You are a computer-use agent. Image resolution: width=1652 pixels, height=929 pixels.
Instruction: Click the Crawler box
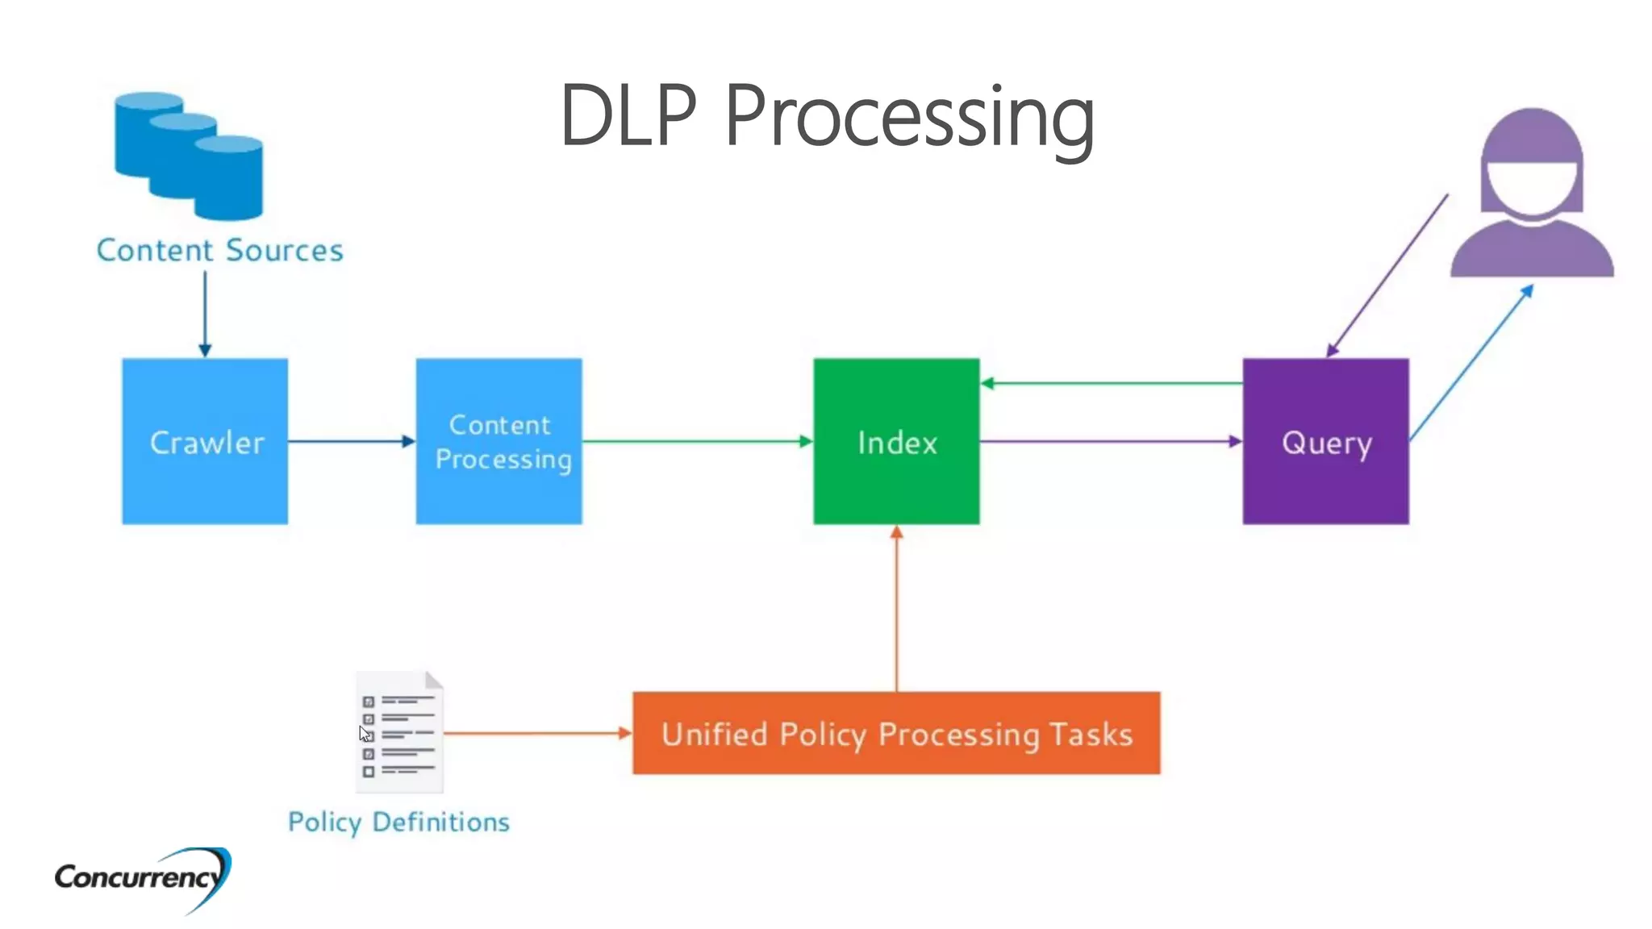205,441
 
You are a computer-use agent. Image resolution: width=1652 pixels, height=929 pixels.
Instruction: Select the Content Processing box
499,441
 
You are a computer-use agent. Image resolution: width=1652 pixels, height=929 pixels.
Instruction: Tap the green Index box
896,441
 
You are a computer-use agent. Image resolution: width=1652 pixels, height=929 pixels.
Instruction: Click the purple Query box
1325,441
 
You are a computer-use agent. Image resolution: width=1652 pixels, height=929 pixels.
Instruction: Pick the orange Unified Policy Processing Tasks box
896,733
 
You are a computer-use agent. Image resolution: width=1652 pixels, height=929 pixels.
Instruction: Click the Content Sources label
219,250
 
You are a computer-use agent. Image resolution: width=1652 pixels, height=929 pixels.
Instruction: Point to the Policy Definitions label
398,822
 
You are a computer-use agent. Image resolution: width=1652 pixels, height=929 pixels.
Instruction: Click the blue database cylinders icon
190,156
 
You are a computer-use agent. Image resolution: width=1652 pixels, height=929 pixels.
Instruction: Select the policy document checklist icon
400,732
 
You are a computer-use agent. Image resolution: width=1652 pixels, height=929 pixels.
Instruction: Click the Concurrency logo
142,878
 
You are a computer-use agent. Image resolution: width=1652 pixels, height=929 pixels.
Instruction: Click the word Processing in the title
909,117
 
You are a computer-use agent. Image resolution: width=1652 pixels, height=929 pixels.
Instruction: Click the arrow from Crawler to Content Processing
351,441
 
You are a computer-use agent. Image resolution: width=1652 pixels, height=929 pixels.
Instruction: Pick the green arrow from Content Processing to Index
697,441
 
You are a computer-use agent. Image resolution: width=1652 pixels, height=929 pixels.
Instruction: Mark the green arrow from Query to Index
1111,383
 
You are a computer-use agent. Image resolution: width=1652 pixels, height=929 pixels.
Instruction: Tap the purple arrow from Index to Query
1111,441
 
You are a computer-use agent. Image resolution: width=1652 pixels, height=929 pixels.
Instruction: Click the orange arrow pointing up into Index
896,609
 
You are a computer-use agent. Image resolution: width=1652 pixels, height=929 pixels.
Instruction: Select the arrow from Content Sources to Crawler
205,315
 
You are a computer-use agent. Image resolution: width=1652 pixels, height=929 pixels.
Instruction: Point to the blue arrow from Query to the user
1471,363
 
